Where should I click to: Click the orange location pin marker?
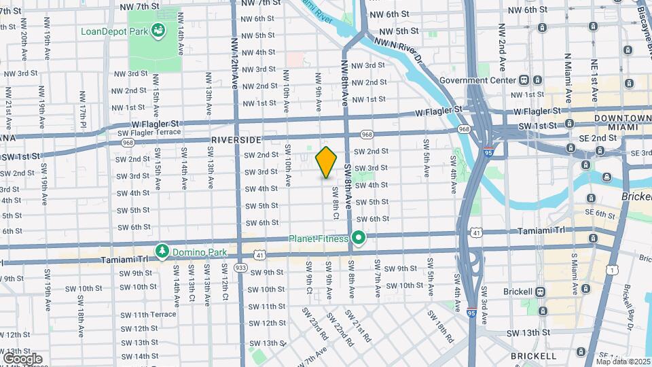click(x=327, y=162)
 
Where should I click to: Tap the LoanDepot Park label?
click(x=114, y=31)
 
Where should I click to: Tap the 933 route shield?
click(x=240, y=267)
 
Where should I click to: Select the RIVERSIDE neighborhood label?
click(x=236, y=139)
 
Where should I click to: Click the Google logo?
click(x=22, y=358)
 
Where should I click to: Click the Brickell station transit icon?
click(x=541, y=292)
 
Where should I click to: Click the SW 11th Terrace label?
click(x=148, y=314)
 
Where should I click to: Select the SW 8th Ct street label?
click(x=335, y=203)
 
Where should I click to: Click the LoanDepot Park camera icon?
click(x=158, y=30)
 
